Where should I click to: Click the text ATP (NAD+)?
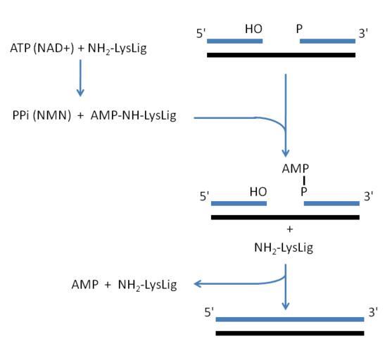[x=42, y=48]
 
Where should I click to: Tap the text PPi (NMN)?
[x=42, y=115]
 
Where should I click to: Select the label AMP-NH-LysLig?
[x=133, y=116]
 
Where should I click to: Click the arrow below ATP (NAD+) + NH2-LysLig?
[x=80, y=78]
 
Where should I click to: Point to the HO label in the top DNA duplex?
[x=253, y=29]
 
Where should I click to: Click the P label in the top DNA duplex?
[x=299, y=29]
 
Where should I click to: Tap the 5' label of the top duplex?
[x=201, y=34]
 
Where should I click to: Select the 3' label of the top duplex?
[x=363, y=33]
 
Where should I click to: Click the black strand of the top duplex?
[x=282, y=55]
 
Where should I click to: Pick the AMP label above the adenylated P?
[x=296, y=169]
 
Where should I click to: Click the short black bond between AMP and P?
[x=304, y=181]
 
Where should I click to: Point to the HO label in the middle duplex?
[x=258, y=192]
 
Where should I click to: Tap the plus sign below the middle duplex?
[x=290, y=229]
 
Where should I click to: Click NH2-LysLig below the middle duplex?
[x=284, y=248]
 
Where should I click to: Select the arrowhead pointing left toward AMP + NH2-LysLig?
[x=198, y=284]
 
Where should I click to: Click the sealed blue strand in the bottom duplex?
[x=290, y=319]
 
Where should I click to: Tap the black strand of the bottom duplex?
[x=290, y=333]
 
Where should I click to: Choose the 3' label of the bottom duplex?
[x=373, y=312]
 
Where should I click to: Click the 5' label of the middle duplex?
[x=204, y=196]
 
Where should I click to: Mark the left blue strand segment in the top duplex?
[x=235, y=41]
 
